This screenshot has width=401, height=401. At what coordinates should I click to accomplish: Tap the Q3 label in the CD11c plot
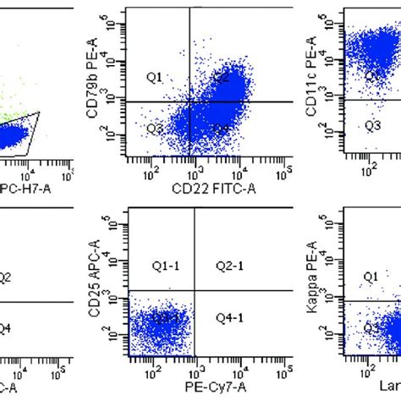(x=372, y=125)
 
